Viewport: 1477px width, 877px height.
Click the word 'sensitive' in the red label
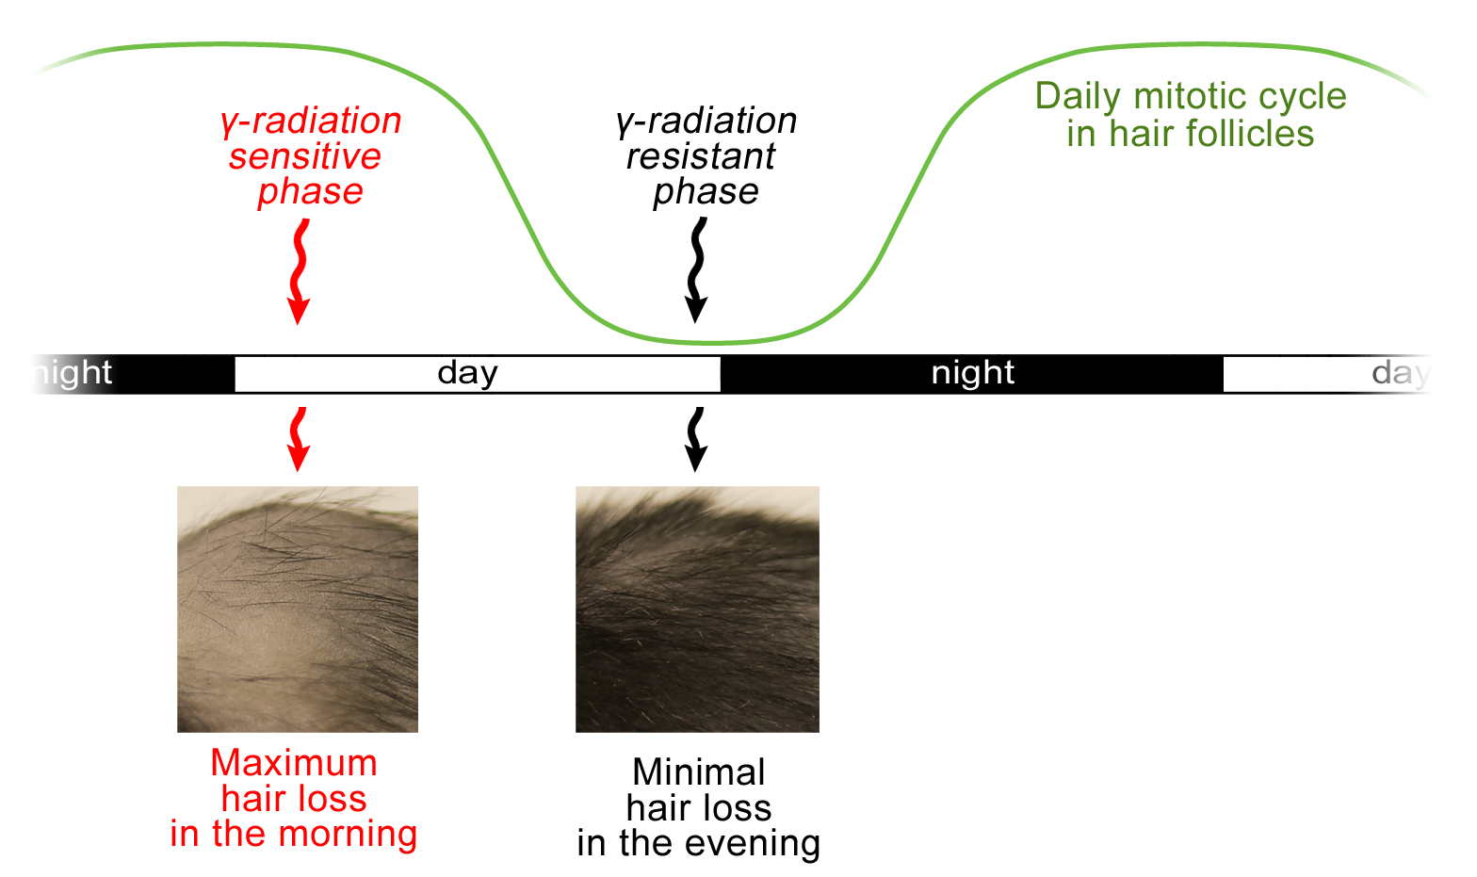pos(305,156)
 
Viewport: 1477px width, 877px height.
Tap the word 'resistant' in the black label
pos(701,156)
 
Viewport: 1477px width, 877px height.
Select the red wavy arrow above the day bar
pos(300,271)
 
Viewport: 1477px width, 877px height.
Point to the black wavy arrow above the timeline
pos(696,270)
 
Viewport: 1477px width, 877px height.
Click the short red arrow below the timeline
pos(299,439)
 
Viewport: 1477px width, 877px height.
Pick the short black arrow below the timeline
pos(696,439)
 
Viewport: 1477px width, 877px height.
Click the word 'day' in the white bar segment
pos(467,374)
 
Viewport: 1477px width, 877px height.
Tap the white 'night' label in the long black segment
pos(972,373)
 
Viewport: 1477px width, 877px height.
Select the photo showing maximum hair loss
pos(298,609)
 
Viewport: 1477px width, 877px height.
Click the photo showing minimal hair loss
pos(698,609)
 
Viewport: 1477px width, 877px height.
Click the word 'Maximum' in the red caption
pos(294,763)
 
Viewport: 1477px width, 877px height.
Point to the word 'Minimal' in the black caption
pos(699,772)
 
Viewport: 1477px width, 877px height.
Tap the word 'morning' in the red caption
pos(348,835)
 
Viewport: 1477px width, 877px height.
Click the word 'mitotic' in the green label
pos(1188,96)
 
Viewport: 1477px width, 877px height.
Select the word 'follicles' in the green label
pos(1245,133)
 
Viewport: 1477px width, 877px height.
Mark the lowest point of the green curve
pos(712,343)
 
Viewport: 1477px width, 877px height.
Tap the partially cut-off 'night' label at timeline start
pos(73,373)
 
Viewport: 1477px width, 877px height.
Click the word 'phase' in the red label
pos(310,192)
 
